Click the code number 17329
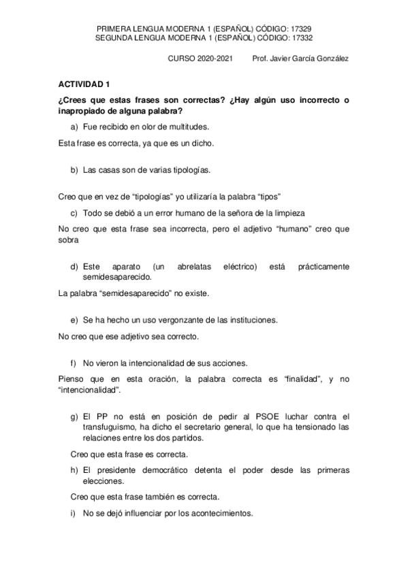click(301, 29)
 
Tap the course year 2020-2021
click(210, 59)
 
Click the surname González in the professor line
click(331, 59)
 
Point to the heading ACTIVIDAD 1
click(82, 85)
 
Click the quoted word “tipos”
click(269, 197)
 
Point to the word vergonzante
click(178, 320)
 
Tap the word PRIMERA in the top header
click(114, 29)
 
